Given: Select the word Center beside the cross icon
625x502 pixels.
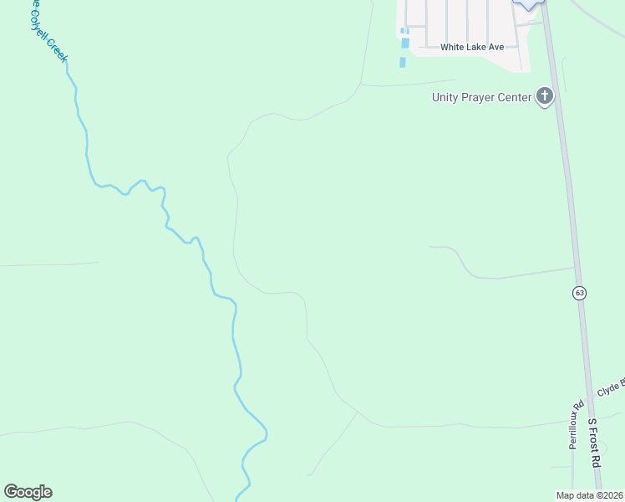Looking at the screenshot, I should coord(515,97).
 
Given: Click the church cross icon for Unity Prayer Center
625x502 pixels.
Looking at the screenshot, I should coord(545,96).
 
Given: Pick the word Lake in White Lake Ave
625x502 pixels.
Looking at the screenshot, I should coord(480,48).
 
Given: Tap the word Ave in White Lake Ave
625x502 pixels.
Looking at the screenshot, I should coord(497,48).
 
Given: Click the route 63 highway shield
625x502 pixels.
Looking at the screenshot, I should coord(580,293).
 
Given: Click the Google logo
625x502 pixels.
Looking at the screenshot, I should coord(28,492).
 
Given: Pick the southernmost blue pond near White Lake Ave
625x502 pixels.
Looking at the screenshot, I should coord(403,62).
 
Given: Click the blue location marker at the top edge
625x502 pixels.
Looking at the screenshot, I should coord(528,3).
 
